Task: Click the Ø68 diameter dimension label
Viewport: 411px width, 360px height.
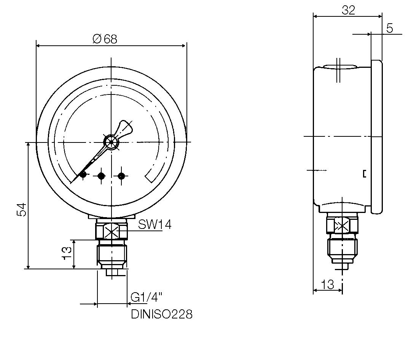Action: tap(105, 38)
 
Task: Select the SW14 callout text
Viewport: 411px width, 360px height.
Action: tap(155, 225)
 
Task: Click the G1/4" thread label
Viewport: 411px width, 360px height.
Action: tap(147, 297)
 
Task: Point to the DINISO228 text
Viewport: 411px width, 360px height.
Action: tap(162, 314)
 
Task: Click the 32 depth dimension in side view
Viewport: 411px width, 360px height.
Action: tap(348, 10)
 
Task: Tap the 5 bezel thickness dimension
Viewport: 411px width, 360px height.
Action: tap(389, 28)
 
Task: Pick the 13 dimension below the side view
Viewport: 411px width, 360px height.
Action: tap(327, 284)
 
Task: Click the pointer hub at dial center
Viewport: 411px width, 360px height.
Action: tap(111, 142)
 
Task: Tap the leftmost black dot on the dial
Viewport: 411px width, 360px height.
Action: tap(83, 175)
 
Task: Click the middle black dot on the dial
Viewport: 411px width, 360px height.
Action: tap(101, 176)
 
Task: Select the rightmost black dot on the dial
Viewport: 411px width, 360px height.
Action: tap(121, 176)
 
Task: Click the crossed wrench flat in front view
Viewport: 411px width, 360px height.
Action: tap(112, 232)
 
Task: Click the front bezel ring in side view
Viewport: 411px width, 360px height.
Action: tap(376, 137)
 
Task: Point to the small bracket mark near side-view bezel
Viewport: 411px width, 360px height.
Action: tap(365, 174)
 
